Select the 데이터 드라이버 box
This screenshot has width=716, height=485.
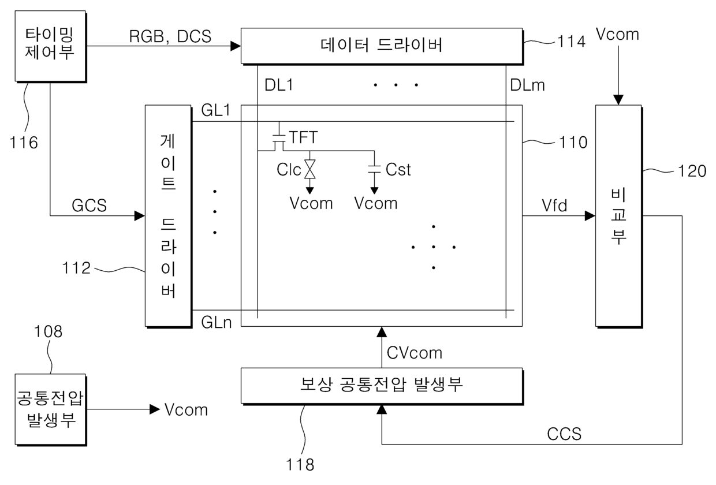coord(382,45)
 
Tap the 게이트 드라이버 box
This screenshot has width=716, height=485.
coord(168,215)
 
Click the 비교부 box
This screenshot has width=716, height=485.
coord(618,215)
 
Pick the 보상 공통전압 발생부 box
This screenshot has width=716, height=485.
coord(382,385)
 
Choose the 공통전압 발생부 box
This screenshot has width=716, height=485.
coord(52,409)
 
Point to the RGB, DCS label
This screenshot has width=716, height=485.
coord(170,36)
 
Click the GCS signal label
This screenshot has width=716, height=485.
coord(89,206)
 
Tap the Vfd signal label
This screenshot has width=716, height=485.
coord(554,205)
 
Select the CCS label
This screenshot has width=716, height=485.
coord(564,433)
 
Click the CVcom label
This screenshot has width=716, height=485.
coord(415,352)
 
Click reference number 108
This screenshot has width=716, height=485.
coord(48,331)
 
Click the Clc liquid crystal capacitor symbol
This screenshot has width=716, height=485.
coord(310,170)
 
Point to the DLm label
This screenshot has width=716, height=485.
coord(527,86)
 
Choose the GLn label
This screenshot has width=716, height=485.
coord(217,322)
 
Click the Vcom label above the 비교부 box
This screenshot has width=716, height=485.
coord(618,34)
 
